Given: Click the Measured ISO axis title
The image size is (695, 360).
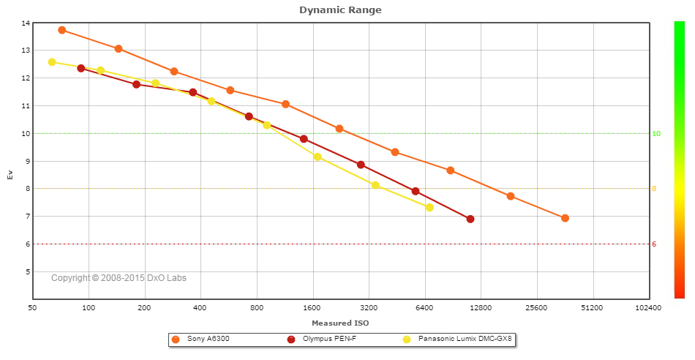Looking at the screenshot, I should (340, 323).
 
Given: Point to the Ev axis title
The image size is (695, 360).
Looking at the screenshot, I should (10, 175).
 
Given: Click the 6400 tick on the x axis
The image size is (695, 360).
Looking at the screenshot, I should (425, 308).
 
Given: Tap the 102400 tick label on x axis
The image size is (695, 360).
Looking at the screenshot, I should (648, 308).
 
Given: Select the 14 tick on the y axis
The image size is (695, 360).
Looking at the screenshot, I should (26, 23).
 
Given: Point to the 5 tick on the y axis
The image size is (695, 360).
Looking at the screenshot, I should (27, 271).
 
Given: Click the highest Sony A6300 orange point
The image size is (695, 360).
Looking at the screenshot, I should (62, 30).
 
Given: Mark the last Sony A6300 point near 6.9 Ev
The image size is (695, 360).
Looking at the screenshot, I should (565, 218).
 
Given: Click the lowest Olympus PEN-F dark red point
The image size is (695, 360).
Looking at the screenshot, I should (470, 219).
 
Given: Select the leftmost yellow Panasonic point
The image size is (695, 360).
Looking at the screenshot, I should (52, 62).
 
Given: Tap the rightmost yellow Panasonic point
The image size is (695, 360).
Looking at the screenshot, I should (429, 208).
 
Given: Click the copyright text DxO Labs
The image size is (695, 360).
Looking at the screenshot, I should (119, 278).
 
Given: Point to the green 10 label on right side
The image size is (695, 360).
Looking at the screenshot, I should (656, 134).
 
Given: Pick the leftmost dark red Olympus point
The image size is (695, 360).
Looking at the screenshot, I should (81, 68).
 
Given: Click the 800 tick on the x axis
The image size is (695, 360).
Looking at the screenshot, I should (257, 308).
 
